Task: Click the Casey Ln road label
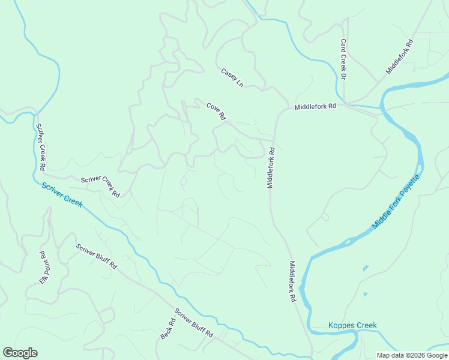tap(232, 76)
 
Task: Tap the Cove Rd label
tap(215, 111)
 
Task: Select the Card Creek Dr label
tap(343, 59)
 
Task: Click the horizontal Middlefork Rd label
tap(315, 106)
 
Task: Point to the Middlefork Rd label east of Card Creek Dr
tap(399, 56)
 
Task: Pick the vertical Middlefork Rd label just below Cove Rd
tap(271, 168)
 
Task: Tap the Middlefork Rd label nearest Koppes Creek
tap(294, 281)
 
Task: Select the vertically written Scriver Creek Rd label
tap(41, 146)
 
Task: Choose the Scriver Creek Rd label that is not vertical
tap(100, 187)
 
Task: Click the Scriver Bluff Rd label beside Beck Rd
tap(194, 325)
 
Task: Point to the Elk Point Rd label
tap(43, 267)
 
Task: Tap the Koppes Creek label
tap(352, 326)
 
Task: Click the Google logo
tap(20, 353)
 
